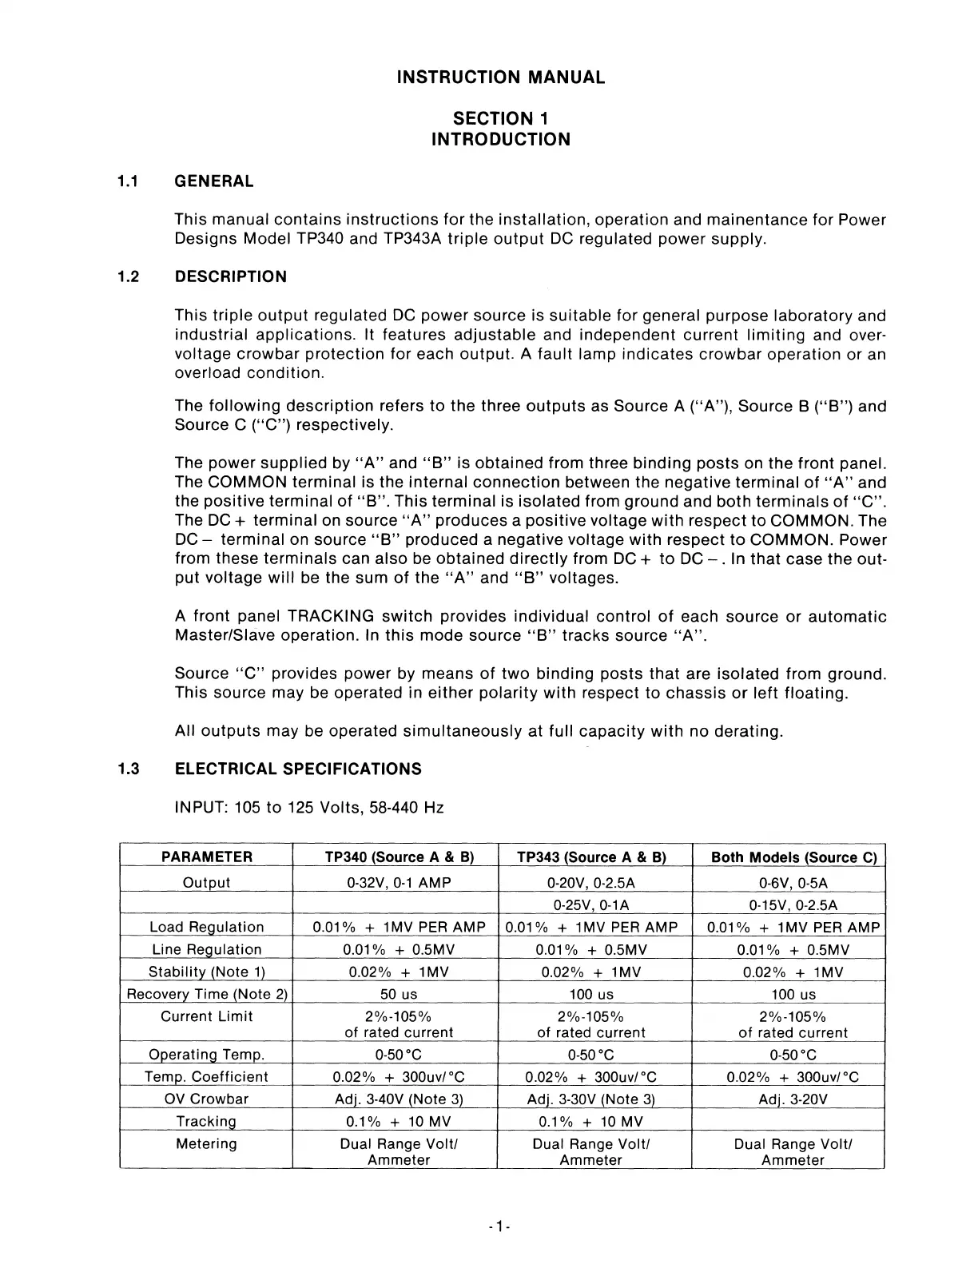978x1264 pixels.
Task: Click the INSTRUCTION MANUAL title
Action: [x=501, y=78]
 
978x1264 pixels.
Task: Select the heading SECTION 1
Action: [x=501, y=118]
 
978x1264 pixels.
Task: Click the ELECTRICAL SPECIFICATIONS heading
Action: [x=298, y=769]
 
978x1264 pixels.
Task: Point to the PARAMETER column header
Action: [x=206, y=857]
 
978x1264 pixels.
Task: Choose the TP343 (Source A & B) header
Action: [x=592, y=857]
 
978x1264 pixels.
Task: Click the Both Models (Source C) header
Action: [x=793, y=857]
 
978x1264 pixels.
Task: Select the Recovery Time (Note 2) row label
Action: [x=207, y=994]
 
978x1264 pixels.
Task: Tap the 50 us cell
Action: [x=399, y=994]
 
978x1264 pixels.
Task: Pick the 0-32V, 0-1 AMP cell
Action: [x=399, y=882]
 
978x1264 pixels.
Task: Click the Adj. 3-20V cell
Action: [x=793, y=1099]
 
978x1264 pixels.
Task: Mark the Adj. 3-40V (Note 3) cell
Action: [x=399, y=1099]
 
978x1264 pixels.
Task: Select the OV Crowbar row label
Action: [x=207, y=1099]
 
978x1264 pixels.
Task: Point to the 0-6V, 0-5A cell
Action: [x=793, y=882]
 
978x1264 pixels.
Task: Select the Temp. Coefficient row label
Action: [x=207, y=1076]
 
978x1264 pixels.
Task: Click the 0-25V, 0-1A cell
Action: [x=592, y=904]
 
